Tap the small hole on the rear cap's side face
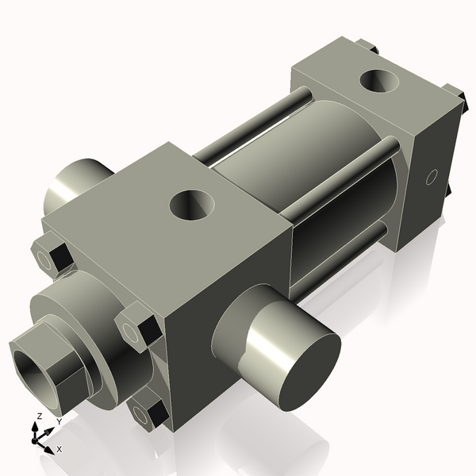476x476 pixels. [x=432, y=176]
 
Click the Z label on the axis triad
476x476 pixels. [x=38, y=416]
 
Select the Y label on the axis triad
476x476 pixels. [x=59, y=422]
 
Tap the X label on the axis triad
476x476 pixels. [x=59, y=450]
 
